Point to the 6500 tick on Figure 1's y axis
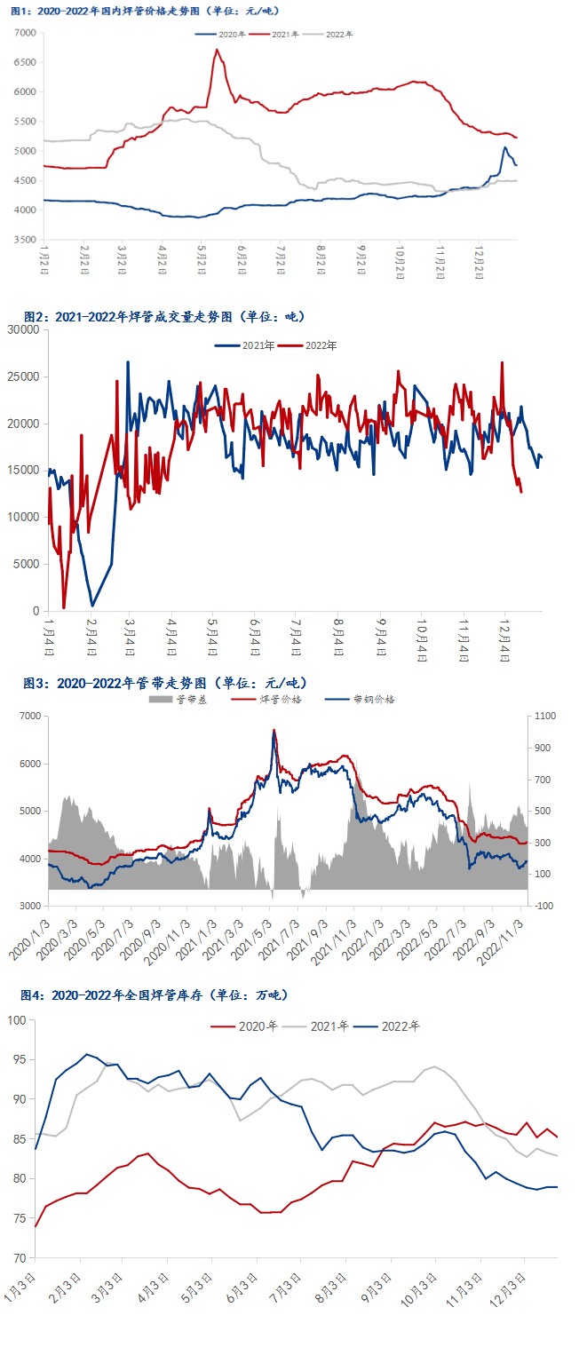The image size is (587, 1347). tap(25, 62)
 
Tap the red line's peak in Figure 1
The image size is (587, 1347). tap(217, 50)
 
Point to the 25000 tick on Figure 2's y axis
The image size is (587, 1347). tap(23, 376)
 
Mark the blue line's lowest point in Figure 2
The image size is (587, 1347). tap(92, 606)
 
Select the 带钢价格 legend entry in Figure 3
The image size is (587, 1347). tap(361, 700)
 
